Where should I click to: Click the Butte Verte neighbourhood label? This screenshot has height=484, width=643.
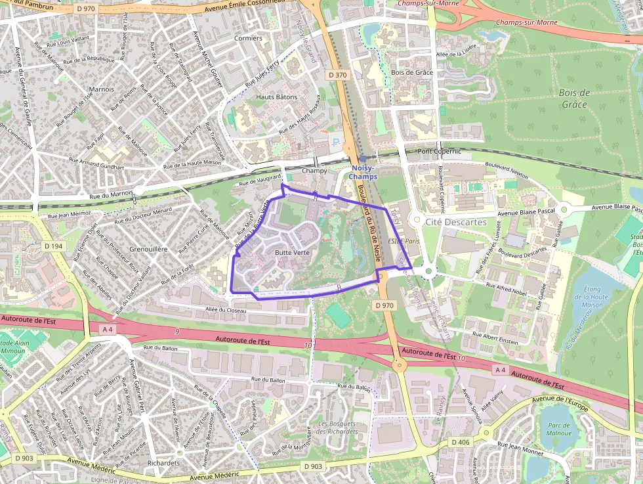click(x=292, y=252)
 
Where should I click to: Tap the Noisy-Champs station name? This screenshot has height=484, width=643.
click(x=362, y=172)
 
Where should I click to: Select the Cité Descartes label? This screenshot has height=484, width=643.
click(x=456, y=222)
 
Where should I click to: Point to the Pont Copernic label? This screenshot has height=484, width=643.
click(x=440, y=152)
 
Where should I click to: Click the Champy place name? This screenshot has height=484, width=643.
click(x=314, y=171)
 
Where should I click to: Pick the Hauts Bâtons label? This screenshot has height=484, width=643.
click(x=276, y=97)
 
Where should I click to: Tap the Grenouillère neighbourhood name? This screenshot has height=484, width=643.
click(x=148, y=250)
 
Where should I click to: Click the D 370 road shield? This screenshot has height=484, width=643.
click(x=337, y=75)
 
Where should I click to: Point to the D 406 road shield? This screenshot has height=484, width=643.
click(x=461, y=442)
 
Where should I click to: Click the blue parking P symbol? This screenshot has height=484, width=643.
click(x=337, y=142)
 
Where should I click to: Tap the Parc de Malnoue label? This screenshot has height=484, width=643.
click(x=559, y=429)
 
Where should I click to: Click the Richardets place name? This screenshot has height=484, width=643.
click(x=164, y=463)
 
